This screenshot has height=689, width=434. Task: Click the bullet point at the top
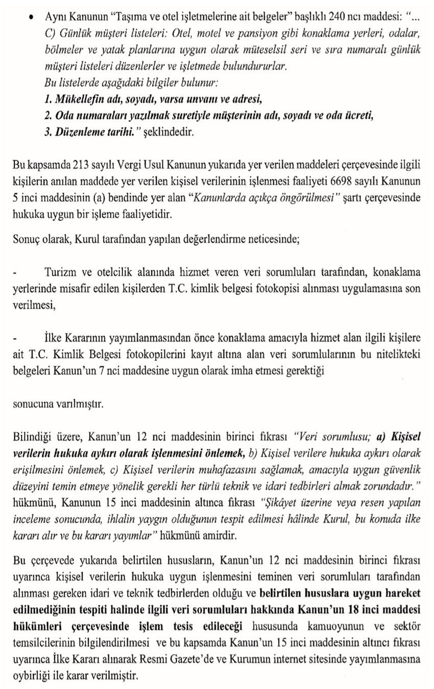coord(32,16)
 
